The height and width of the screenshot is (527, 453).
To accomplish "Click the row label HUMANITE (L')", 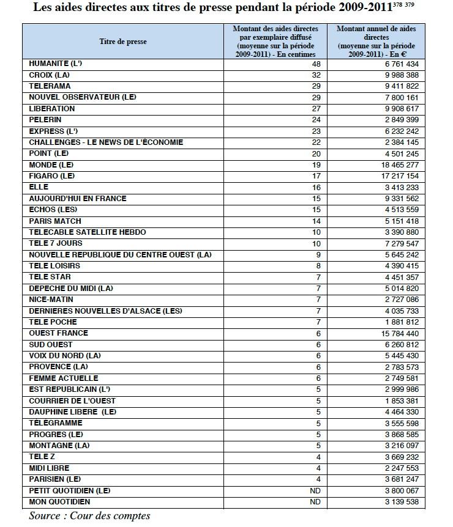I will (x=53, y=64).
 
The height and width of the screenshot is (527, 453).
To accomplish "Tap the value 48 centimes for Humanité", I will (x=316, y=64).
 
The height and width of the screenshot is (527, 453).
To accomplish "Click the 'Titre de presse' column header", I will (x=123, y=42).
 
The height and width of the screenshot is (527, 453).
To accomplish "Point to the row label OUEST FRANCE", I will (x=59, y=333).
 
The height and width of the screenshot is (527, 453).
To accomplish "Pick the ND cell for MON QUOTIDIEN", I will (x=315, y=502).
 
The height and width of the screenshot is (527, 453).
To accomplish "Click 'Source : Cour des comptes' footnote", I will (x=89, y=516).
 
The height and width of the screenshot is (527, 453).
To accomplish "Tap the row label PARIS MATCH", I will (x=55, y=221).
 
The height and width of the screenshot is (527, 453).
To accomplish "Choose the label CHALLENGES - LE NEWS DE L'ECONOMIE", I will (x=106, y=142).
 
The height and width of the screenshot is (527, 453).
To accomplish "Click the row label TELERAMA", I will (x=50, y=86).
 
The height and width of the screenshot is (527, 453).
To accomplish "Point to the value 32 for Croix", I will (x=316, y=75).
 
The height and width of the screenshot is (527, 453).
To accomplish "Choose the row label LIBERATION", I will (x=52, y=109).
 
